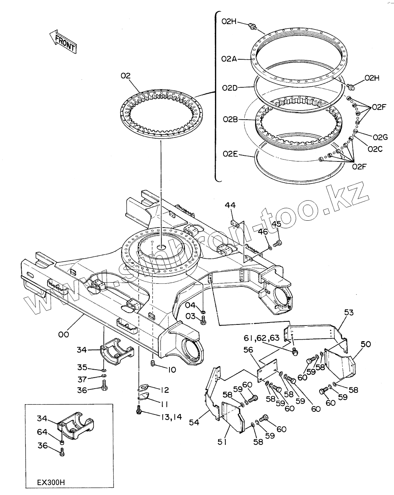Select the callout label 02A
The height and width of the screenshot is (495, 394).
[x=229, y=59]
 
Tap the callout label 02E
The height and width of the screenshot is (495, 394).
[x=230, y=154]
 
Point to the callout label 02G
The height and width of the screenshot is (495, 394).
[x=380, y=137]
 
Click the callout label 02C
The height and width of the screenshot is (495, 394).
[x=375, y=149]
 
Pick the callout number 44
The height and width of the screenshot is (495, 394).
[x=230, y=206]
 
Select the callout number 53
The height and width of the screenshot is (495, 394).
[x=349, y=312]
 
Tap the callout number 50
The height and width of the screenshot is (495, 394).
[x=366, y=344]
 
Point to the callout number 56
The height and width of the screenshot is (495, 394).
[x=248, y=350]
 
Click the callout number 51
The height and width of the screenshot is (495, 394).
[x=222, y=442]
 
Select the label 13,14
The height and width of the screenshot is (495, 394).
[x=171, y=417]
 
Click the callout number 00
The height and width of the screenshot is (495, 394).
[x=63, y=334]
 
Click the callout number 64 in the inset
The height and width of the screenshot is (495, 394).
[x=42, y=432]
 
